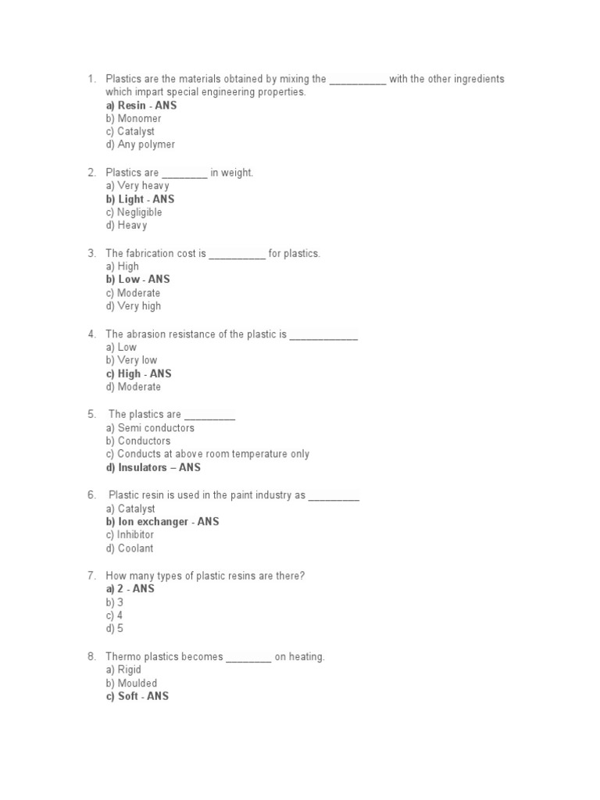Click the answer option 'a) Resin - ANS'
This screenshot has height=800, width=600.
(141, 105)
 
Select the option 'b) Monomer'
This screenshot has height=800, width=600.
(134, 119)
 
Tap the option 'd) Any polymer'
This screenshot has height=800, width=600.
(141, 145)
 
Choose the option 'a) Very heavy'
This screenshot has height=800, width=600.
(137, 186)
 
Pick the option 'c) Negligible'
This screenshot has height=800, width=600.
(134, 212)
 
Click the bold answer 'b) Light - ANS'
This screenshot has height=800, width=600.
(141, 199)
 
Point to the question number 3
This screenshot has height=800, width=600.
(91, 253)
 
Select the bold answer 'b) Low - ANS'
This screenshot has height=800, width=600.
(138, 279)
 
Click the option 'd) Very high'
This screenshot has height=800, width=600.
(134, 306)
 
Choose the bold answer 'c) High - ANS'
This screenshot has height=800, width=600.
(139, 373)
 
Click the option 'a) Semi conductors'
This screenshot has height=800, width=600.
(150, 428)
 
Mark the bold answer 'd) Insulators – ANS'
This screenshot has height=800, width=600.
(153, 467)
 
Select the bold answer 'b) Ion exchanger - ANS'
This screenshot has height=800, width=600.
(162, 521)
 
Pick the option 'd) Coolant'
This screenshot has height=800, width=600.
(130, 548)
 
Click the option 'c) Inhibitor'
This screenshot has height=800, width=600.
(130, 535)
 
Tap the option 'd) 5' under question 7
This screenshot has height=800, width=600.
(115, 629)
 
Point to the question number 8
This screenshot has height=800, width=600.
(91, 657)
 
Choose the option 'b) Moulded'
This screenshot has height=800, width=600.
(131, 684)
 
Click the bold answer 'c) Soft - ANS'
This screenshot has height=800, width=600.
(137, 696)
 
